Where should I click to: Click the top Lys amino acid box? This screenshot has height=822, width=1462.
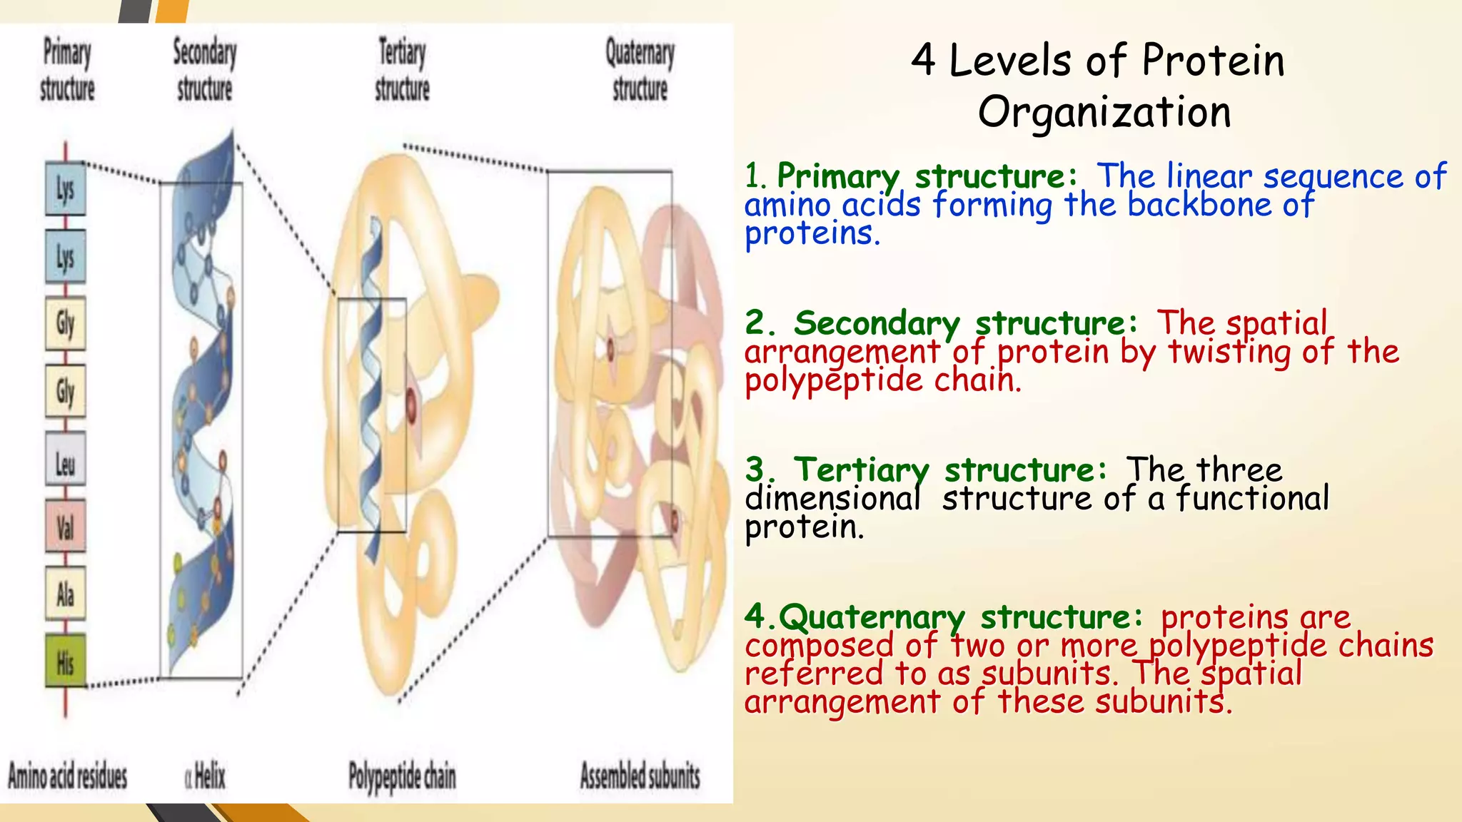coord(66,189)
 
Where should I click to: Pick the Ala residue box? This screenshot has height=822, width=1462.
coord(66,594)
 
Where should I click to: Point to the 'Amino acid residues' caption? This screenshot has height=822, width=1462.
coord(68,776)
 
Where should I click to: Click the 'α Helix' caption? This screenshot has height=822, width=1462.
coord(206,776)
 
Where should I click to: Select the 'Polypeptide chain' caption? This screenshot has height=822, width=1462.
coord(402,776)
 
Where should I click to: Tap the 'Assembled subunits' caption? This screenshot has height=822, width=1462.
coord(640,776)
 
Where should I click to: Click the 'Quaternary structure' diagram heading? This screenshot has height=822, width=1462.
coord(640,70)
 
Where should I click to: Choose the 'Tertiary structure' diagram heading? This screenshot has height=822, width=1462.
coord(402,70)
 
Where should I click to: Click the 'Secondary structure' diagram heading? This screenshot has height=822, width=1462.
coord(205,70)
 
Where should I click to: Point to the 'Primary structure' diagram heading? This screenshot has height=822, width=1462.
coord(67,70)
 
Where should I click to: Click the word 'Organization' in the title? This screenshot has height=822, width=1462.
coord(1104,113)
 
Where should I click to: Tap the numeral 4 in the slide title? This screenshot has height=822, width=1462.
coord(923,60)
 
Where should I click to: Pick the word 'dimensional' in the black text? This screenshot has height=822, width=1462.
coord(832,499)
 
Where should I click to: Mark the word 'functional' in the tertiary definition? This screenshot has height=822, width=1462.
coord(1253,499)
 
